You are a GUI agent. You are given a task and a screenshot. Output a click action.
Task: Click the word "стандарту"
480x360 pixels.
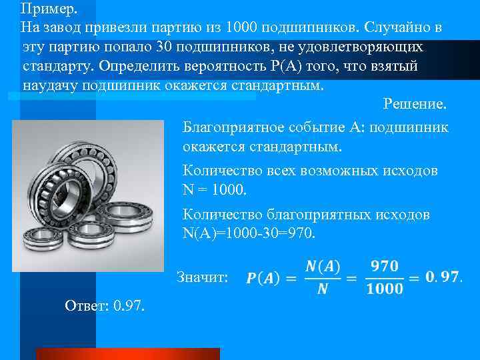(58, 67)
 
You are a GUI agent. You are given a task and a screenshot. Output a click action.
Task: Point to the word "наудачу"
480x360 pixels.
(49, 87)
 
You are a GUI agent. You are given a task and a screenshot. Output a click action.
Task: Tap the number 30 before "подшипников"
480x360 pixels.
(165, 48)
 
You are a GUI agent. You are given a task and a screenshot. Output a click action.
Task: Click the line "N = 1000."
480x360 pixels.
(214, 189)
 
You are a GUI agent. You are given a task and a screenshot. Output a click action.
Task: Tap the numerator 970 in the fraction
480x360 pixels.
(385, 266)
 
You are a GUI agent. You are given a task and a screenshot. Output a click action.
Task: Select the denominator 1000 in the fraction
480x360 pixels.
(385, 288)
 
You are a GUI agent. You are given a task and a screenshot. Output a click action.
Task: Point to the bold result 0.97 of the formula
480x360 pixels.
(442, 277)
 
